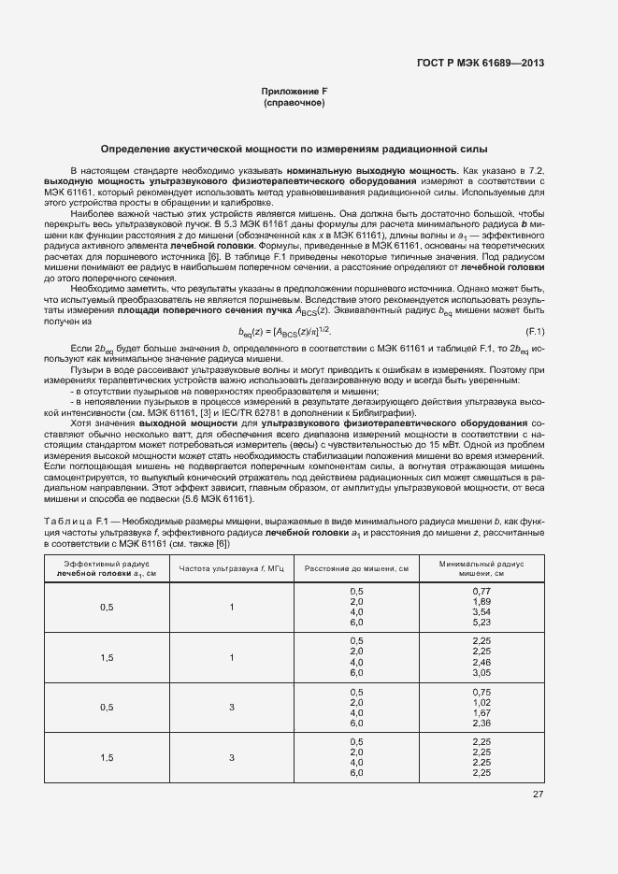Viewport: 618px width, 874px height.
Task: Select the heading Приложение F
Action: click(295, 91)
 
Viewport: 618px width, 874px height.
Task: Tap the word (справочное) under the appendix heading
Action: click(295, 102)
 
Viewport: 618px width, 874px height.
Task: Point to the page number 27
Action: click(538, 795)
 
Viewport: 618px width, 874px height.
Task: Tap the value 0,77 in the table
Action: click(481, 592)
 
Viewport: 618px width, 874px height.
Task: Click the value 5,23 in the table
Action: click(481, 623)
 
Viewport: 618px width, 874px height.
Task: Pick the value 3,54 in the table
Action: click(481, 612)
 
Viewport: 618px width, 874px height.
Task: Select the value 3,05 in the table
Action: click(481, 673)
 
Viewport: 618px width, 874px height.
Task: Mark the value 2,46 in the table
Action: click(481, 663)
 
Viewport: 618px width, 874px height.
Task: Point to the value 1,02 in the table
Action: click(481, 702)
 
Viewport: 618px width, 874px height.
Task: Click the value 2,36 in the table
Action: click(481, 723)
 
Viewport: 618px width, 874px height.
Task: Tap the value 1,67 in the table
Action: click(481, 712)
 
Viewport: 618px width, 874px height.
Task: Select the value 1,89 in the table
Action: click(481, 602)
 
